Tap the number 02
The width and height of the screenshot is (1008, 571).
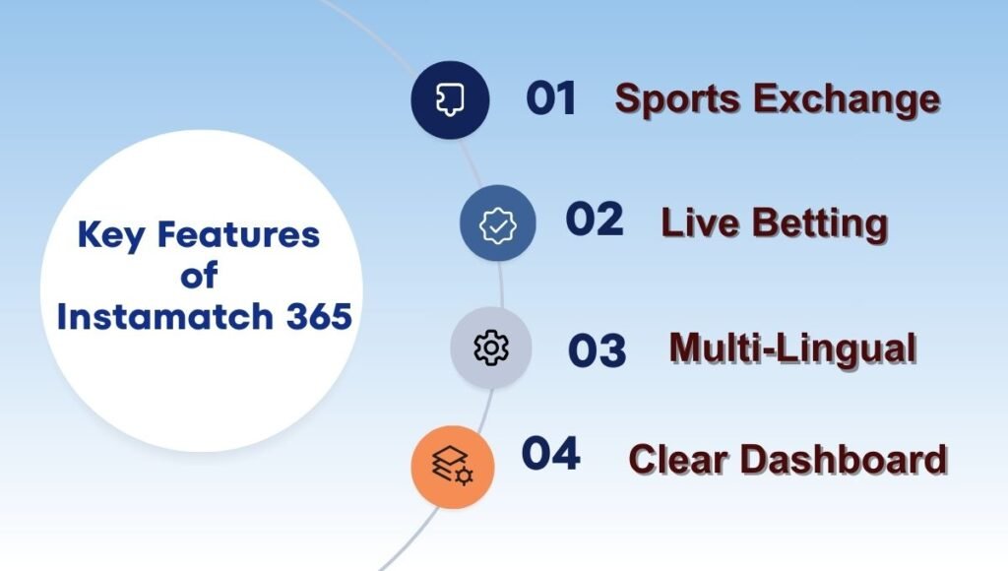[594, 220]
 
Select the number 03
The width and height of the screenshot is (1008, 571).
[597, 350]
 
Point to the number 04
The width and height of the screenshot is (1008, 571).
[550, 454]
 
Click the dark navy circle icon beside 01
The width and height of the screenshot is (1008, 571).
[450, 99]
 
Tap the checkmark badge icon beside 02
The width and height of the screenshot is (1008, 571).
[497, 224]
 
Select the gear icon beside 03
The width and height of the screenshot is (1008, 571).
[490, 349]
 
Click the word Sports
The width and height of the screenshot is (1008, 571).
[677, 100]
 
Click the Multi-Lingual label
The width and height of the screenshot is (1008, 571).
[792, 349]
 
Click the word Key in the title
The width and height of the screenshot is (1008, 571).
[110, 236]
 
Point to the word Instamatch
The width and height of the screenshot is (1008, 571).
[163, 318]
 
